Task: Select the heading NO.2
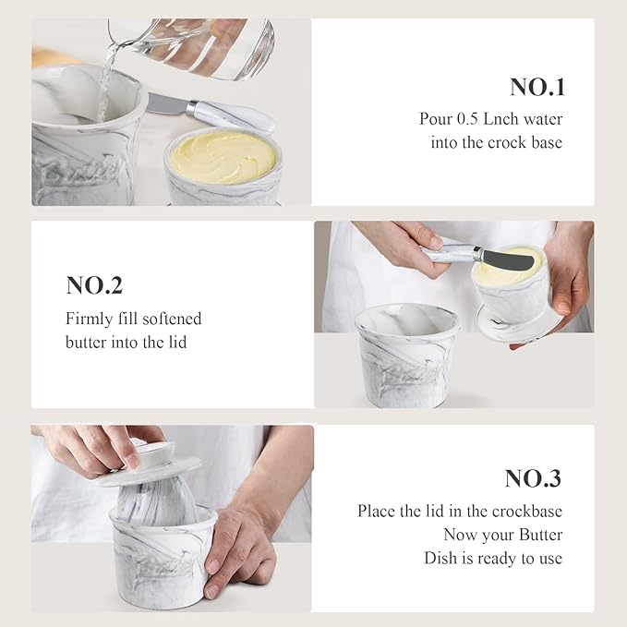pyautogui.click(x=94, y=285)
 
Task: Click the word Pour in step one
pyautogui.click(x=436, y=119)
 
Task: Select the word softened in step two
pyautogui.click(x=172, y=319)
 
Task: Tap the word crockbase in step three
pyautogui.click(x=529, y=511)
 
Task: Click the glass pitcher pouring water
pyautogui.click(x=203, y=46)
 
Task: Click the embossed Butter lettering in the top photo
pyautogui.click(x=76, y=171)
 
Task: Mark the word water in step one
pyautogui.click(x=540, y=119)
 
